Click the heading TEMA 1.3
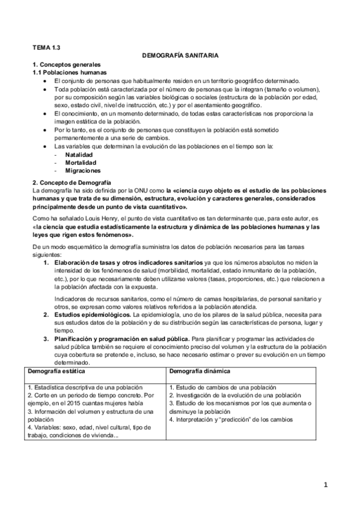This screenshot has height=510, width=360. pyautogui.click(x=46, y=46)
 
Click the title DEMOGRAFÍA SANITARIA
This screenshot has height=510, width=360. pyautogui.click(x=180, y=55)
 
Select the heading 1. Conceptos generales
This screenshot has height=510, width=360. pyautogui.click(x=66, y=64)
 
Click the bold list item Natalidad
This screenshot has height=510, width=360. pyautogui.click(x=79, y=154)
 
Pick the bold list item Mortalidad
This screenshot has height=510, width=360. pyautogui.click(x=80, y=162)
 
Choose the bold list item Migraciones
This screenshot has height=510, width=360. pyautogui.click(x=82, y=170)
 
